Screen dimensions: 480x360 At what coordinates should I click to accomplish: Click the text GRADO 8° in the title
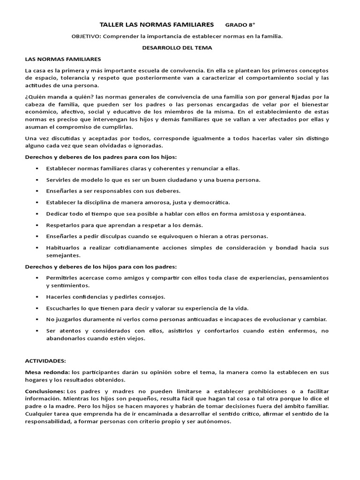[x=240, y=24]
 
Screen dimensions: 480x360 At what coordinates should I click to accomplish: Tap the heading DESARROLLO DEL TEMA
[x=177, y=48]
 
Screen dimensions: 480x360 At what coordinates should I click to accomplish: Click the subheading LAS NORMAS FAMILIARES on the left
[x=63, y=60]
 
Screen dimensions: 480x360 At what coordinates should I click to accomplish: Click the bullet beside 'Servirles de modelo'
[x=36, y=180]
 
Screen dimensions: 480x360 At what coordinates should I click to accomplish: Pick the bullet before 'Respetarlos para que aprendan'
[x=36, y=225]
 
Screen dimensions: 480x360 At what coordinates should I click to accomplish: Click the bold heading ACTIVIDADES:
[x=45, y=361]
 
